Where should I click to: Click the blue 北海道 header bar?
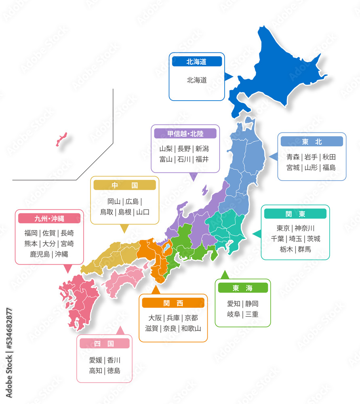pyautogui.click(x=197, y=61)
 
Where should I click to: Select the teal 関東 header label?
pyautogui.click(x=295, y=214)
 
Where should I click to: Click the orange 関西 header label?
pyautogui.click(x=173, y=303)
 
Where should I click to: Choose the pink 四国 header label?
pyautogui.click(x=104, y=343)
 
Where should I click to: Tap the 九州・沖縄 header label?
pyautogui.click(x=49, y=219)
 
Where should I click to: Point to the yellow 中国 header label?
pyautogui.click(x=124, y=185)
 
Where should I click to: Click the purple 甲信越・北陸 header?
pyautogui.click(x=185, y=134)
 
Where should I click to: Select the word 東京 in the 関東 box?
pyautogui.click(x=283, y=228)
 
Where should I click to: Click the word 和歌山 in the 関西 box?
pyautogui.click(x=191, y=328)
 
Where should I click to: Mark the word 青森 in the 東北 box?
pyautogui.click(x=293, y=157)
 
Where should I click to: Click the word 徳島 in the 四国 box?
pyautogui.click(x=114, y=370)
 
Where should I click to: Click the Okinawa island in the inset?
pyautogui.click(x=61, y=139)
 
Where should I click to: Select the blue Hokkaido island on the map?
pyautogui.click(x=279, y=69)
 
